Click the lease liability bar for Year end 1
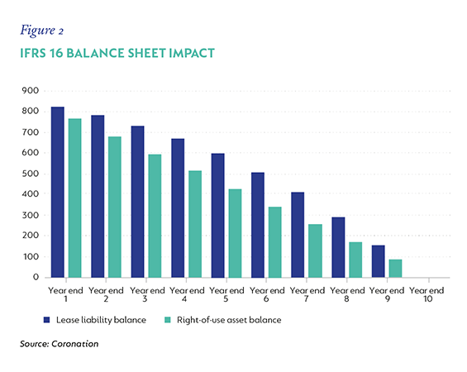point(58,192)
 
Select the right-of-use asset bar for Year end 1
point(74,198)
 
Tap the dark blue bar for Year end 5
point(217,216)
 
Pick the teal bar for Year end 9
point(395,269)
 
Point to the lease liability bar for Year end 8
point(338,247)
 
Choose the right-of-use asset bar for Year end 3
point(155,216)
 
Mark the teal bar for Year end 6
point(275,242)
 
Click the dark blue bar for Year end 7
point(298,235)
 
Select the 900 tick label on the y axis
point(30,90)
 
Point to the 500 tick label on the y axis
point(30,174)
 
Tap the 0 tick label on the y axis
point(36,277)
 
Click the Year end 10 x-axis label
point(426,294)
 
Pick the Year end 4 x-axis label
point(187,294)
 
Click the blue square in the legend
point(46,320)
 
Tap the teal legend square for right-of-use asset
point(168,320)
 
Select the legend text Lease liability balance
point(102,320)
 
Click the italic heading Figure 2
point(41,31)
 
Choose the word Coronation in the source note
point(74,344)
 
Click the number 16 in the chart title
point(56,53)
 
